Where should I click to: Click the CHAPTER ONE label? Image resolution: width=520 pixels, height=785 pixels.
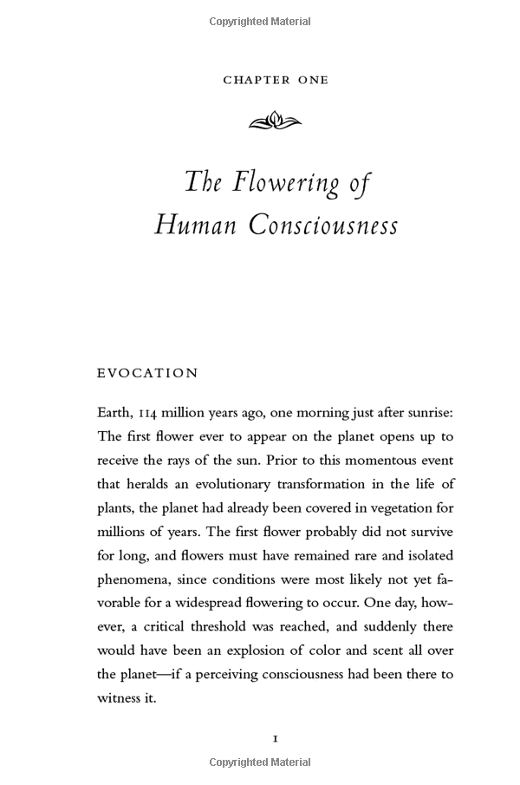pos(276,80)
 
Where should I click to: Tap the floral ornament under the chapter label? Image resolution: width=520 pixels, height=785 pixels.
pos(275,122)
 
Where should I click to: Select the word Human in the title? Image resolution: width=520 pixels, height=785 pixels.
pos(196,225)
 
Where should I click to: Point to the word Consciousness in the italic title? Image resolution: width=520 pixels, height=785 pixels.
pos(323,225)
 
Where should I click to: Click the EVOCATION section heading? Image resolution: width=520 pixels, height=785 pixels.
pos(147,373)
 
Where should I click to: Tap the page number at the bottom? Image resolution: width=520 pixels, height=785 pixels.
pos(275,738)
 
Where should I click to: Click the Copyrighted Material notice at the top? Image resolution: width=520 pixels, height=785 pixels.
pos(260,21)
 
